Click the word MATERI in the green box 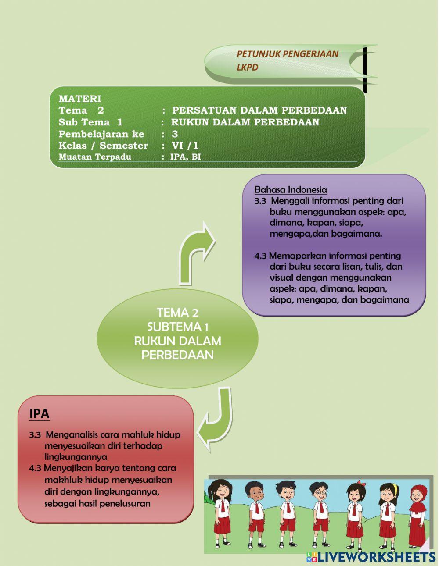pos(80,99)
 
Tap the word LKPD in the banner pos(248,68)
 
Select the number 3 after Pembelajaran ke pos(175,134)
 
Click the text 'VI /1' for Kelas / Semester pos(185,146)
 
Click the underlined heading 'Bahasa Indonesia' pos(291,190)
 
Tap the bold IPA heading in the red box pos(39,413)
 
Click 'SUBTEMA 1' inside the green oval pos(177,327)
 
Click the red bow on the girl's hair pos(361,483)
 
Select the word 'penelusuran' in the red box pos(125,503)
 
